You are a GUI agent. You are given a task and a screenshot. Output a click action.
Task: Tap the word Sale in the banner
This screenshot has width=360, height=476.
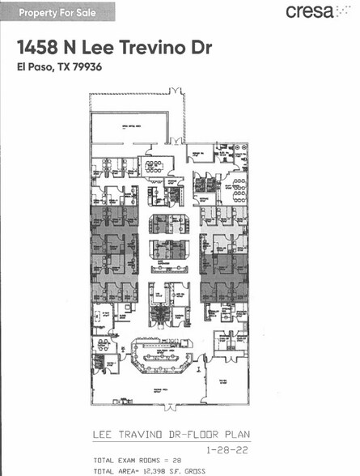(93, 11)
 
